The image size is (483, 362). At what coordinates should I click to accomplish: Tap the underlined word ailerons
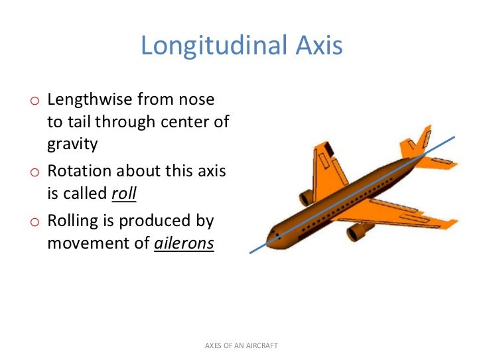pos(184,243)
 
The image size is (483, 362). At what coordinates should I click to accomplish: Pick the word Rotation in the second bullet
pos(80,171)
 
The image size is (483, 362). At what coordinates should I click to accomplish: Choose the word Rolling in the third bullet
pos(73,220)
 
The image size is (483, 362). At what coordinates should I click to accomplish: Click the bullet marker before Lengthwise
pos(34,101)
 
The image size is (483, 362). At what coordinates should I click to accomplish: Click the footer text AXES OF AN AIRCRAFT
pos(241,346)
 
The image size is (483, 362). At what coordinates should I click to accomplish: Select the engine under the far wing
pos(306,197)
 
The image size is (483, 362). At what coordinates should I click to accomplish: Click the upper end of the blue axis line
pos(454,137)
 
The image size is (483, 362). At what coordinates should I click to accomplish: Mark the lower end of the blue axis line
pos(250,253)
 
